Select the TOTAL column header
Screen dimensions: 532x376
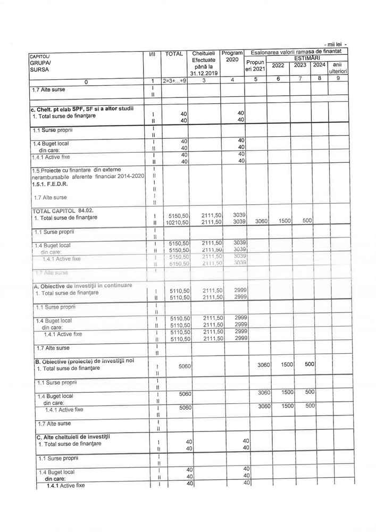(x=174, y=54)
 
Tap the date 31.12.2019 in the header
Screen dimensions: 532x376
(x=203, y=73)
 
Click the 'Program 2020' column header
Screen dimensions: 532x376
(x=232, y=56)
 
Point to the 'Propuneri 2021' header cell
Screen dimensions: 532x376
(x=255, y=65)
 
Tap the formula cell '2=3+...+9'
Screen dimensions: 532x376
(x=174, y=80)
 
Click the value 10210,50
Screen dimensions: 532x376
(x=178, y=222)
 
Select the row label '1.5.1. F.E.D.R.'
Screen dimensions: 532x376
(x=51, y=184)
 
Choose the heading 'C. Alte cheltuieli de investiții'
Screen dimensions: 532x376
(x=73, y=437)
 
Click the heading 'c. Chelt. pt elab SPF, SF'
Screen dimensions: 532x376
(x=81, y=109)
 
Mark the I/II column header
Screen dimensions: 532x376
(x=152, y=54)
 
